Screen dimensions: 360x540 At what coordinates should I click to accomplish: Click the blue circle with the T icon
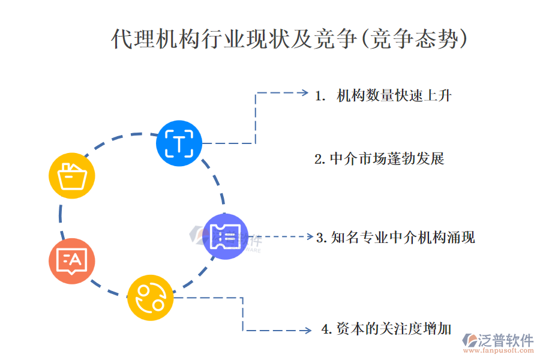point(179,143)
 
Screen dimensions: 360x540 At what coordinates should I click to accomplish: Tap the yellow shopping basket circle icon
point(71,175)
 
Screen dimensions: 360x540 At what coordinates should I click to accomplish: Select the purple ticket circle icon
point(226,236)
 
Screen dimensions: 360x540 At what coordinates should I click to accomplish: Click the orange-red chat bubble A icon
point(71,260)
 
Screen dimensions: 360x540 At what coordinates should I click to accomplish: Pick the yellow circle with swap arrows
point(150,297)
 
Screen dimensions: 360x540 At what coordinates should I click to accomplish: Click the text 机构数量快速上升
point(394,95)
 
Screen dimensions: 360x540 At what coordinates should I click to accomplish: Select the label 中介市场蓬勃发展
point(387,159)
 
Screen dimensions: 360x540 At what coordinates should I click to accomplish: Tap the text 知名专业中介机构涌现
point(403,237)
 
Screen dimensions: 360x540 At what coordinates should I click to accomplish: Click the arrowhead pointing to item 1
point(304,93)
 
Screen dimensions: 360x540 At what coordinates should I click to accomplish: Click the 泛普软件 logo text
point(505,340)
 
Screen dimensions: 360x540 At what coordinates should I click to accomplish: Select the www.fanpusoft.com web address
point(498,352)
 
